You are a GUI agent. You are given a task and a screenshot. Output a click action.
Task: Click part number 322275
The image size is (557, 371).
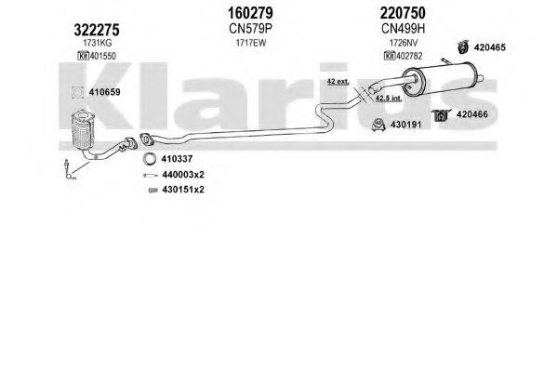click(97, 30)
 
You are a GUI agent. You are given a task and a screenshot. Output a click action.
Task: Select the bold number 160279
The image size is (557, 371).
click(250, 13)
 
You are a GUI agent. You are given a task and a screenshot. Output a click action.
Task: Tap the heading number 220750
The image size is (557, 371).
click(403, 13)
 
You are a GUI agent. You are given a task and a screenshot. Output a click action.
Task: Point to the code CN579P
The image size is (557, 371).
click(250, 29)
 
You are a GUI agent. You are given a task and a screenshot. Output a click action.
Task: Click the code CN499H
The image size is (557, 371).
click(403, 29)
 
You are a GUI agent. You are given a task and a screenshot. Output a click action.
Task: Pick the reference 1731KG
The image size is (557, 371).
click(97, 43)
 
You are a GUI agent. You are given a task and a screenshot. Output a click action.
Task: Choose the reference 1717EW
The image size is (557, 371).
click(251, 43)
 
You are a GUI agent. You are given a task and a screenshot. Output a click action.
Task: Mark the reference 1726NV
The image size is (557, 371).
click(404, 43)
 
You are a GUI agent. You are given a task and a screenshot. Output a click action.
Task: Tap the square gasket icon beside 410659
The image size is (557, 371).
click(77, 92)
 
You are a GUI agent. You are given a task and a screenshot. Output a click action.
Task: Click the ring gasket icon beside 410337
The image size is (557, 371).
click(149, 158)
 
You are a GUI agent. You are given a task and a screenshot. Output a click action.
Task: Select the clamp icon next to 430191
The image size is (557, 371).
click(378, 125)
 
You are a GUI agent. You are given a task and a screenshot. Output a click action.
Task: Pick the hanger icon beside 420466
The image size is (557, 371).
click(441, 115)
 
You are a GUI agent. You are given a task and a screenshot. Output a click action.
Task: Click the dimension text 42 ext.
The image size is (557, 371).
click(338, 82)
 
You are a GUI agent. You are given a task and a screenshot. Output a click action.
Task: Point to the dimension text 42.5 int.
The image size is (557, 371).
click(389, 98)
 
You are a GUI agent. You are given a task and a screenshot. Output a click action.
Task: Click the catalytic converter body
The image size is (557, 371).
click(82, 129)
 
